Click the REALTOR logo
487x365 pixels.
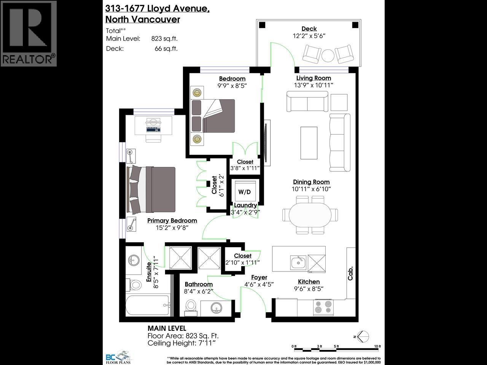[x=29, y=33]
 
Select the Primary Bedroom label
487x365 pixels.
[x=172, y=221]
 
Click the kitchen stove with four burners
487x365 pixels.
[x=323, y=308]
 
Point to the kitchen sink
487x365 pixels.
[x=298, y=262]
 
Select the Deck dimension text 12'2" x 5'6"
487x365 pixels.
[x=309, y=36]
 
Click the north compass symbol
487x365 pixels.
[x=363, y=336]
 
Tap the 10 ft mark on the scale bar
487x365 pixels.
[x=377, y=346]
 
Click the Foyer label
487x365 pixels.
[x=259, y=278]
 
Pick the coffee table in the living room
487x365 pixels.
[x=309, y=143]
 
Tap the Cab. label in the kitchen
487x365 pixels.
[x=350, y=273]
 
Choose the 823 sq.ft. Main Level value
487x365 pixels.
[x=164, y=38]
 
